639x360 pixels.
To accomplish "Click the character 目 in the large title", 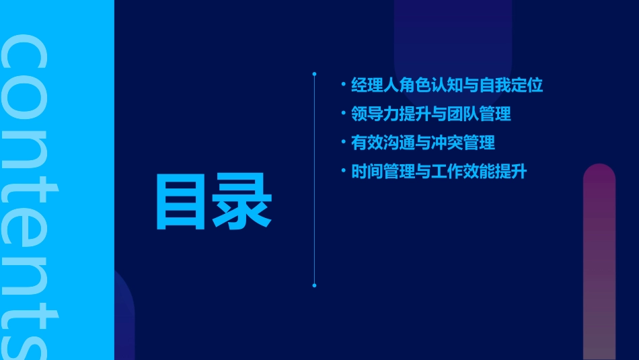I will point(181,202).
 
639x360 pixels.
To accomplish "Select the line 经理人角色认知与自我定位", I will point(447,85).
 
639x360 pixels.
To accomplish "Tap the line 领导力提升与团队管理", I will point(430,114).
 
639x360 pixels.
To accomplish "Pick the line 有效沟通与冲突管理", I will point(422,143).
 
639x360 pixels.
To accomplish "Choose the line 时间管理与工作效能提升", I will point(439,172).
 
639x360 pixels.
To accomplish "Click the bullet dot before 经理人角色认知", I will point(343,85).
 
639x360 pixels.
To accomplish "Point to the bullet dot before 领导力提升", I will point(343,114).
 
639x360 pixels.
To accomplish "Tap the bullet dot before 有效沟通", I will point(343,143).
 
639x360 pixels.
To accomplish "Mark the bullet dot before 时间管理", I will point(343,172).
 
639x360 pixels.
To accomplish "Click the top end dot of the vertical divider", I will point(314,73).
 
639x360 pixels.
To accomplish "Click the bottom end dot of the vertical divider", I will point(314,285).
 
